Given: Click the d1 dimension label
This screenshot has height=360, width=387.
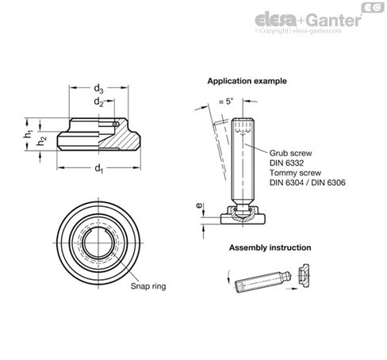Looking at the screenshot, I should [98, 168].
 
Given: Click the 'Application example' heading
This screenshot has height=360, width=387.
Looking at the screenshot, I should [247, 81].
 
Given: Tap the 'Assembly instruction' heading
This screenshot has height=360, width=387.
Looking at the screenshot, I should [270, 247].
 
